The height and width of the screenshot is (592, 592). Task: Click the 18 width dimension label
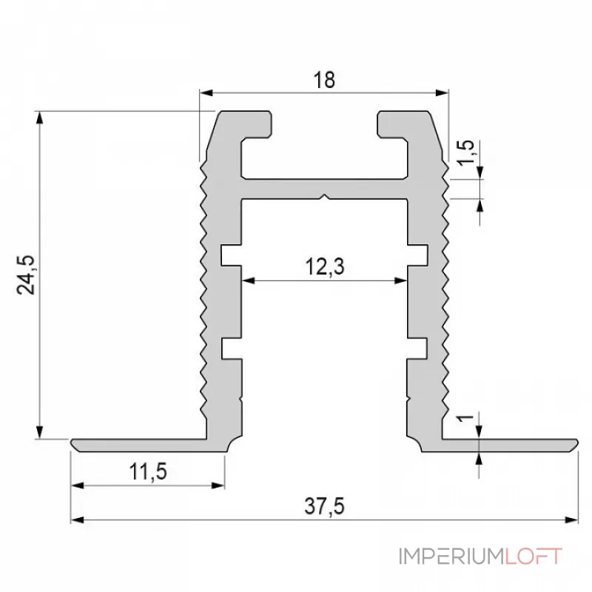[324, 81]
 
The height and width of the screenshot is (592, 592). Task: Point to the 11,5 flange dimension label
[147, 471]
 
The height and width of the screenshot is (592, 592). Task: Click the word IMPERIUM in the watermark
[451, 556]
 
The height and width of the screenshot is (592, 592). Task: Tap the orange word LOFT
[534, 556]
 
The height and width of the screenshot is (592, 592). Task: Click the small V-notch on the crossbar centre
[324, 198]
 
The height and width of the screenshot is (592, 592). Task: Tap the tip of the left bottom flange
[75, 443]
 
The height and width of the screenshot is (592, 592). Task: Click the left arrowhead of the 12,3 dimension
[247, 280]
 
